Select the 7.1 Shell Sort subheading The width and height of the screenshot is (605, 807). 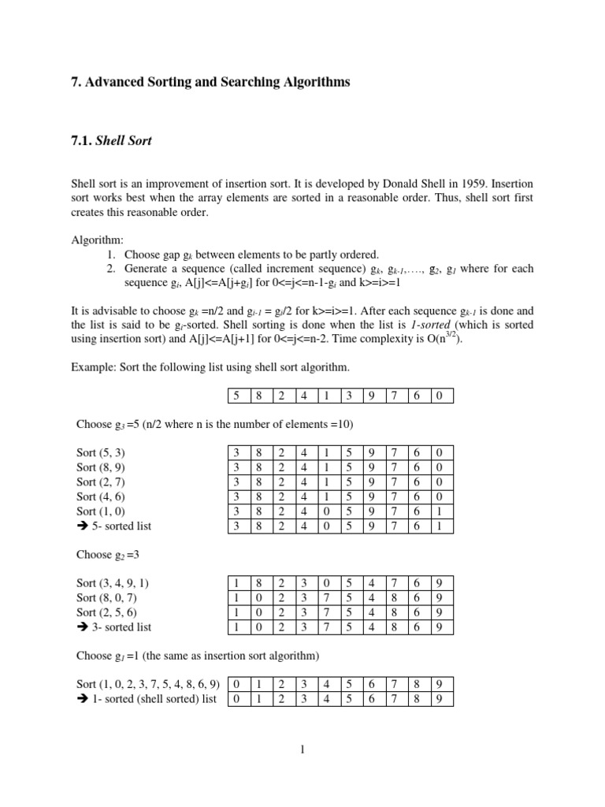(x=111, y=140)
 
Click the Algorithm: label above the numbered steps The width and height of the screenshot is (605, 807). (x=96, y=240)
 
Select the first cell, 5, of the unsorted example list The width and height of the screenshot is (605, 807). (x=236, y=396)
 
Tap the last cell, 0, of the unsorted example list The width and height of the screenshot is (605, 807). (x=439, y=396)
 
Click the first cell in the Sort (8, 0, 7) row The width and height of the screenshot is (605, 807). (x=236, y=598)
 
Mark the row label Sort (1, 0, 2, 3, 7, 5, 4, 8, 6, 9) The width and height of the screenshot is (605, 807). (x=147, y=684)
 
